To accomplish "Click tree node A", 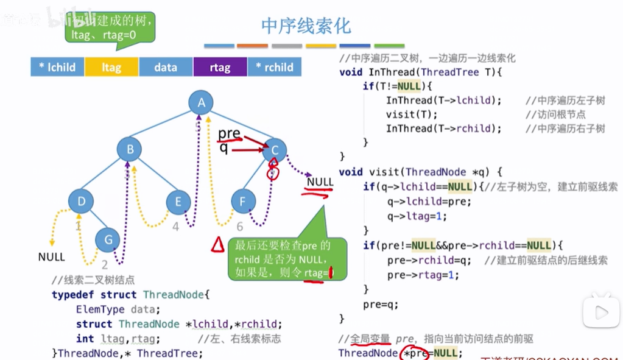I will [x=202, y=103].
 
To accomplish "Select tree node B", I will [x=130, y=149].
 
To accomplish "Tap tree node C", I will [x=275, y=150].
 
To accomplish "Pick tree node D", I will [x=81, y=201].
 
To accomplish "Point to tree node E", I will [x=178, y=202].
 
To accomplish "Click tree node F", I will [x=243, y=201].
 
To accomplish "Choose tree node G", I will [x=108, y=239].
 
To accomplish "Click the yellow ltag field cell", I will [x=111, y=67].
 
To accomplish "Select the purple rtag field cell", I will [x=220, y=67].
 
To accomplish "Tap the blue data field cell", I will [x=166, y=67].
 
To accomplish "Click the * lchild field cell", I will [x=57, y=67].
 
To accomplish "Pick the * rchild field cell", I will [x=274, y=67].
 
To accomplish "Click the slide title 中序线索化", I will [x=306, y=26].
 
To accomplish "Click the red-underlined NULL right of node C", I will [x=320, y=182].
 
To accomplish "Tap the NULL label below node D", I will [x=51, y=256].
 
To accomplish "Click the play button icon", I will [x=601, y=312].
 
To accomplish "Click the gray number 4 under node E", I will [x=175, y=227].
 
